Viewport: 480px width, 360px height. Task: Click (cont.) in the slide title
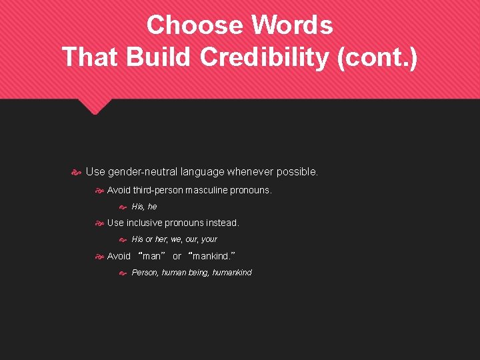[378, 57]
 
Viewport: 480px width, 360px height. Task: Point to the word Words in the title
[291, 25]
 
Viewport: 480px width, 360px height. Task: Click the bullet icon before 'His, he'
[123, 207]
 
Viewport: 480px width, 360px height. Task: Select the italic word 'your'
[209, 239]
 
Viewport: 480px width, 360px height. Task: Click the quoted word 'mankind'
[212, 256]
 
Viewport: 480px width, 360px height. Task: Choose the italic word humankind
[232, 272]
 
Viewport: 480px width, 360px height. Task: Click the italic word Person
[145, 272]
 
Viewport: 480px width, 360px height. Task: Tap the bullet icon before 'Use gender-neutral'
[76, 172]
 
